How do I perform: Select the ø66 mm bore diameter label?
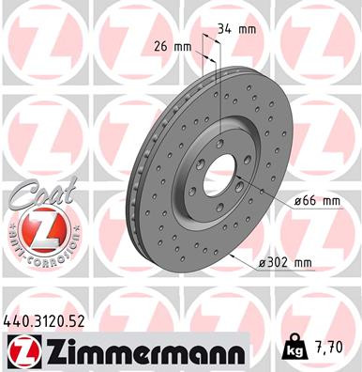coord(315,202)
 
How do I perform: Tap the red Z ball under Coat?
coord(35,229)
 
